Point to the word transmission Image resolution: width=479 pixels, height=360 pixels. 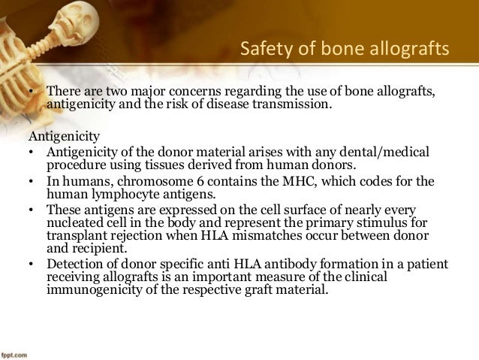[292, 104]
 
